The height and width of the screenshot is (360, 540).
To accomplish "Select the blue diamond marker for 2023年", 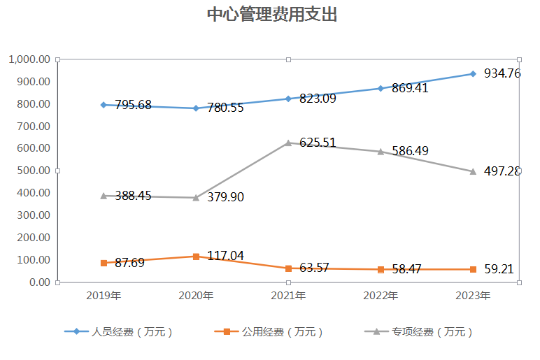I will pos(473,73).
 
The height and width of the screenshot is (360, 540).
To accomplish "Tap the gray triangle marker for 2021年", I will pos(288,143).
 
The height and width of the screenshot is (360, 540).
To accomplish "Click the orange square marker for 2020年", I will pos(196,256).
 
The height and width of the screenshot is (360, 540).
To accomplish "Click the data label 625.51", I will pos(318,143).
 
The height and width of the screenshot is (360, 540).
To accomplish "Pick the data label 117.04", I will pos(225,256).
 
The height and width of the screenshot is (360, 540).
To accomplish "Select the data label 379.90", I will pos(225,197).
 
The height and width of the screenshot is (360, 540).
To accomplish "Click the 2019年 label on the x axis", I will pos(104,296).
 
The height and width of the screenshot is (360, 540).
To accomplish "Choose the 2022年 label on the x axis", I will pos(381,296).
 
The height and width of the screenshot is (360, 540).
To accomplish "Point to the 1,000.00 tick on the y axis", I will pos(29,59).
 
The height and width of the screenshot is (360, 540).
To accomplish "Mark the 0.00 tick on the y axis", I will pos(39,282).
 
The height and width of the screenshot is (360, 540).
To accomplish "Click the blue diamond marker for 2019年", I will pos(104,105).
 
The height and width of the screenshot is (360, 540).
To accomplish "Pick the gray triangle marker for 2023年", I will pos(473,171).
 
